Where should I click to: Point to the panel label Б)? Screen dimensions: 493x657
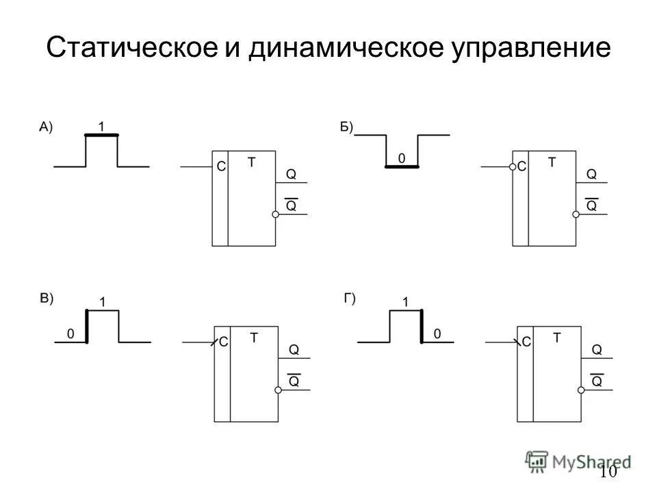[346, 126]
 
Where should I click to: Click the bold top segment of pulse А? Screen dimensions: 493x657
[101, 136]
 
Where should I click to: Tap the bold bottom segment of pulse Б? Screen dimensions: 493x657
[402, 166]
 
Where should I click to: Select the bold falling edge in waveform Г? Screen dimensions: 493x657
[420, 326]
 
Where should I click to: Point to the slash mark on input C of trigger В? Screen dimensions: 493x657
[214, 341]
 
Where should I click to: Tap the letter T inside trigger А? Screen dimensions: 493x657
[251, 162]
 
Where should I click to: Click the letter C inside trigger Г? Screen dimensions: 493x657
[526, 341]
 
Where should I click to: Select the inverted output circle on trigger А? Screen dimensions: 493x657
[276, 215]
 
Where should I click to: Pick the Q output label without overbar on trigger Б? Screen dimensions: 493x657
[592, 175]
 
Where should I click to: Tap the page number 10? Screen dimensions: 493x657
[608, 472]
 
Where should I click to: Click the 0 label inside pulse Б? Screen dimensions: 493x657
[402, 157]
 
